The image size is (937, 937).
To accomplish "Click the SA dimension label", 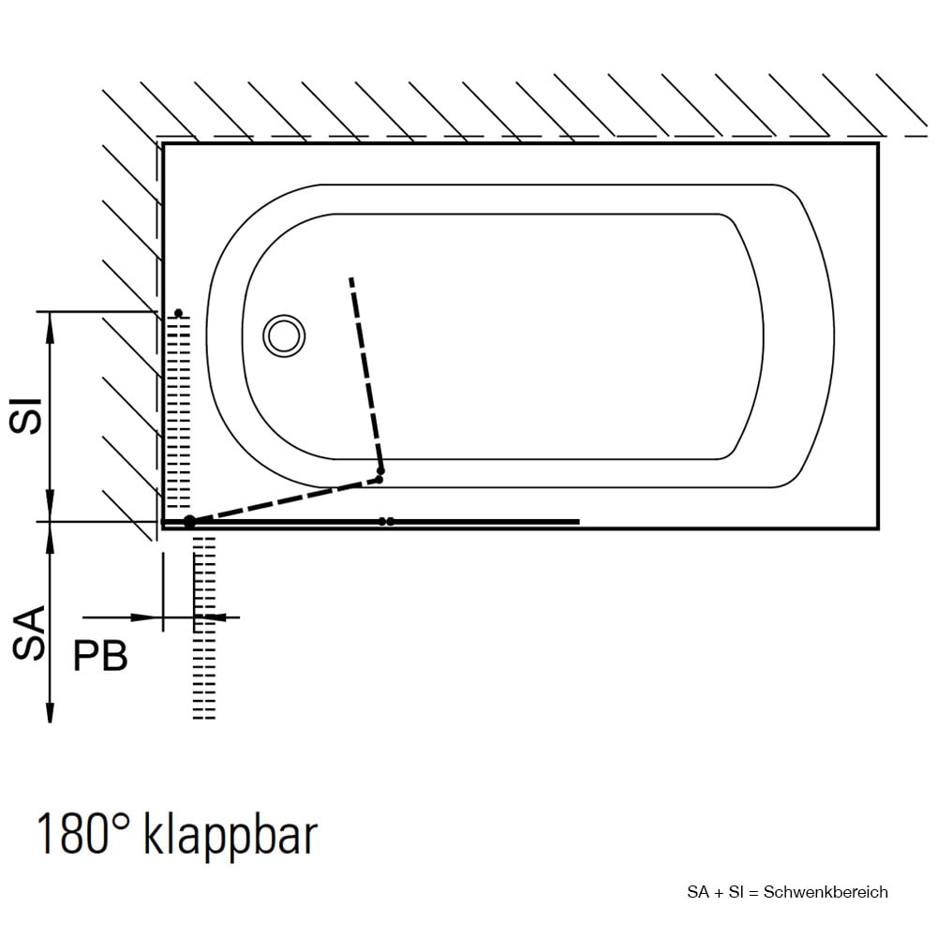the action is click(x=29, y=632).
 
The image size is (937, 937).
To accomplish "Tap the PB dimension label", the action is click(x=100, y=656).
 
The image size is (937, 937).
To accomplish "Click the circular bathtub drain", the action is click(x=284, y=335).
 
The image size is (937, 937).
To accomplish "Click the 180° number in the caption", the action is click(x=83, y=832).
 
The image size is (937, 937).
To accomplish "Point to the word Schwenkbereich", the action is click(x=825, y=892).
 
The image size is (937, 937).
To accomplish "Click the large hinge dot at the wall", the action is click(x=189, y=522).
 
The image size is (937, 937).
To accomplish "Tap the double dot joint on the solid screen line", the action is click(x=386, y=522).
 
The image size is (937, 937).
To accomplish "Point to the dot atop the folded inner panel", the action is click(x=178, y=313).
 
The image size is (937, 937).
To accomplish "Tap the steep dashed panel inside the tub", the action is click(x=365, y=374).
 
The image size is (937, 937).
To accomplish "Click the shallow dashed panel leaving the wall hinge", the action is click(x=285, y=500).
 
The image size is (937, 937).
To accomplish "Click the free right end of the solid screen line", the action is click(x=579, y=522).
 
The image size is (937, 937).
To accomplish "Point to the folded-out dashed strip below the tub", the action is click(x=203, y=628).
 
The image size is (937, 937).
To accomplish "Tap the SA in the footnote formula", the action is click(x=698, y=892).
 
